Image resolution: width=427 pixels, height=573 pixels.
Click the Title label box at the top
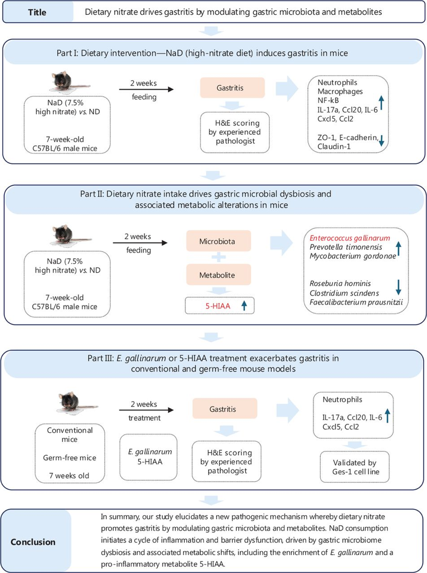pos(37,12)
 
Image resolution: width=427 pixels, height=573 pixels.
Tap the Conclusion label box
pos(36,542)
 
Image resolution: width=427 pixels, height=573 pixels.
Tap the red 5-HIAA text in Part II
pos(218,306)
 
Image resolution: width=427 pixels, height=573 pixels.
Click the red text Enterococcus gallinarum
pos(350,238)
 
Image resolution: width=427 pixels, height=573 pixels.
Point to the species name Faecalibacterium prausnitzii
pos(356,302)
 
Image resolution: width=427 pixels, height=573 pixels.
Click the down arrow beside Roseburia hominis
pos(398,287)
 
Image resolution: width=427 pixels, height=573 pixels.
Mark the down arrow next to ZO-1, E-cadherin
pos(381,140)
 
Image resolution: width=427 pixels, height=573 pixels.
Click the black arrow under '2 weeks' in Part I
pos(146,90)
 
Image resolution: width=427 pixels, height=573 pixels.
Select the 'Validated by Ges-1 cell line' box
pos(355,467)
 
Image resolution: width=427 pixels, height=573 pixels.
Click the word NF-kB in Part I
pos(328,100)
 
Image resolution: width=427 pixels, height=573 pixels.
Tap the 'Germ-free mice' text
pos(70,457)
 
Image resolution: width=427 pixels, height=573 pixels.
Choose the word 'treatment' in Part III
pos(144,418)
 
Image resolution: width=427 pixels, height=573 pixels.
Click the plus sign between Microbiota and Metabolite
pos(218,258)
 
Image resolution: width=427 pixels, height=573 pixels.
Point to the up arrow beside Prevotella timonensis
pos(398,248)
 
